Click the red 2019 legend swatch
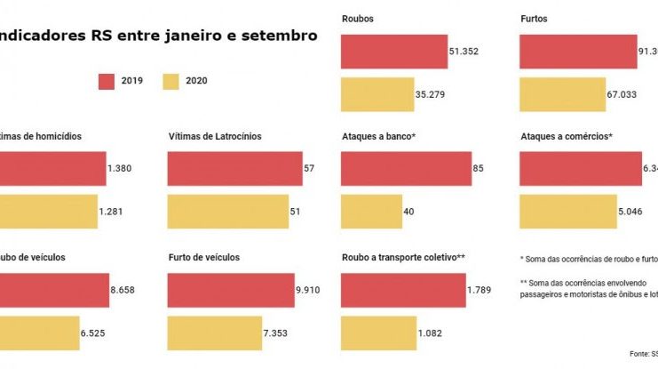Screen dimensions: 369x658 107,82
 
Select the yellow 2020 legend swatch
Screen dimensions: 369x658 171,82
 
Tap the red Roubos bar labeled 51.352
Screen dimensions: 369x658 393,51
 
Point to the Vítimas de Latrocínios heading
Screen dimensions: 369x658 215,137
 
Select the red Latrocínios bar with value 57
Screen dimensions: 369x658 234,168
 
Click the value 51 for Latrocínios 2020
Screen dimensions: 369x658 295,212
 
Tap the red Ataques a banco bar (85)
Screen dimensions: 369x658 406,168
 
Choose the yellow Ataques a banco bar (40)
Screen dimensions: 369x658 371,212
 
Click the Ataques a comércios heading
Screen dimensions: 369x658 567,137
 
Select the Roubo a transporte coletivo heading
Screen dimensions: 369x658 403,258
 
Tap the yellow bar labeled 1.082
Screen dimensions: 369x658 377,333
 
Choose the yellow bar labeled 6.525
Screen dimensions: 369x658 40,333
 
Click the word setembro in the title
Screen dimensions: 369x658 274,36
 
